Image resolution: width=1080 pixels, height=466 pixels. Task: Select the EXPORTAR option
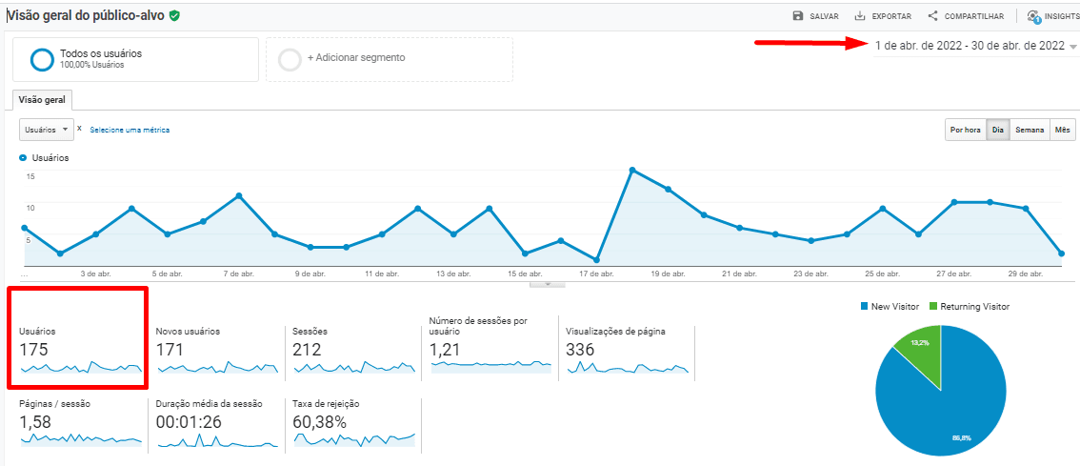point(883,16)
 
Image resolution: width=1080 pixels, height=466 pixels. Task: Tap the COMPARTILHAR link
point(965,16)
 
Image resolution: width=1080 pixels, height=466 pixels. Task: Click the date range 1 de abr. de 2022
point(970,46)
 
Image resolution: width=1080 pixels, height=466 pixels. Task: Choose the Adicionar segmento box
point(389,58)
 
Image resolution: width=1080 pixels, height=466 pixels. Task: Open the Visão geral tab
point(42,99)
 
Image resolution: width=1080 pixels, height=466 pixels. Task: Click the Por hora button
point(965,130)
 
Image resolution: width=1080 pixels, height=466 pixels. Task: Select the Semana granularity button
point(1030,130)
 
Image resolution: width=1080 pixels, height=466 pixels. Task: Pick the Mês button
point(1063,130)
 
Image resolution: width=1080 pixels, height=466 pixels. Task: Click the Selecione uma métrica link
point(130,130)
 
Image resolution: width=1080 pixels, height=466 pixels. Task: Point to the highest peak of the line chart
point(632,170)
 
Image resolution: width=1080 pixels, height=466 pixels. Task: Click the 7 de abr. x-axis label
point(238,274)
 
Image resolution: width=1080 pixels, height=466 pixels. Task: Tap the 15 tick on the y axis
point(30,176)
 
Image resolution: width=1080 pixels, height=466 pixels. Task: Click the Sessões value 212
point(307,350)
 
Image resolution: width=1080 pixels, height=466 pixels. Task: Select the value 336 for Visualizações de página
point(580,350)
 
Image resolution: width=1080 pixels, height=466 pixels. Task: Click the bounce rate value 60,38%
point(320,422)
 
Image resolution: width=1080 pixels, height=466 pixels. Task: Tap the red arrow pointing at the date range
point(810,43)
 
